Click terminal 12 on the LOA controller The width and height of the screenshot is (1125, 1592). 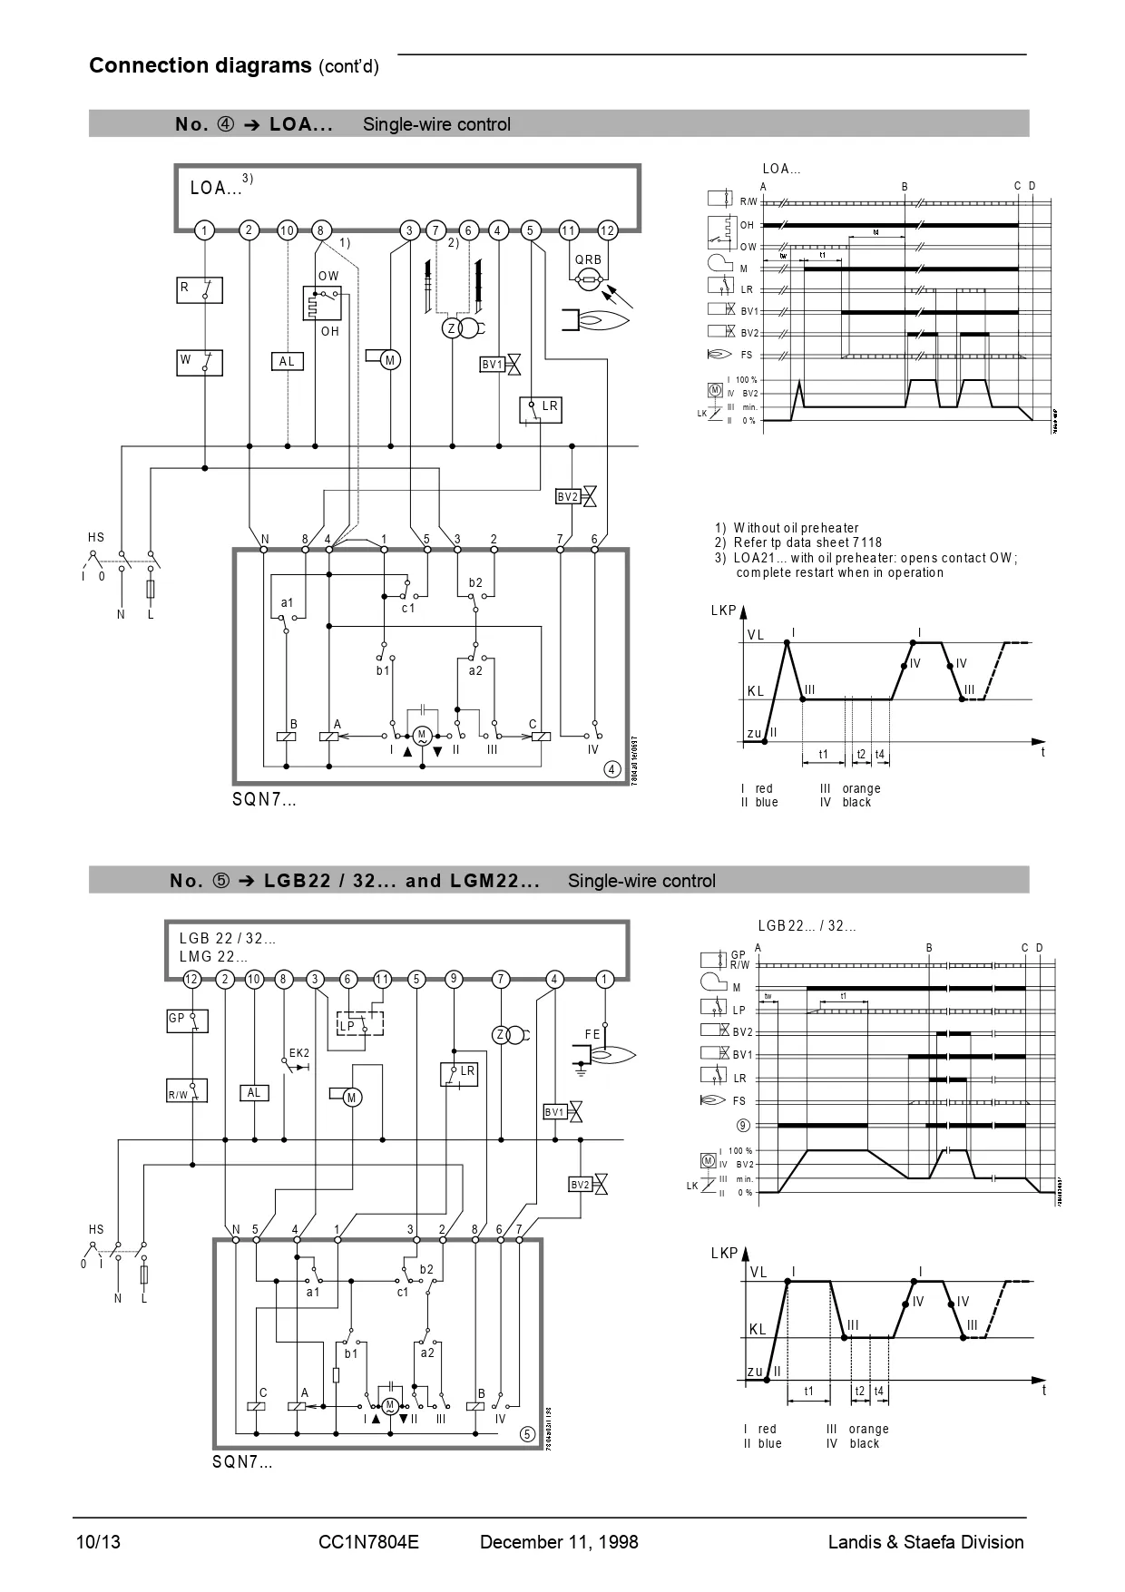coord(608,230)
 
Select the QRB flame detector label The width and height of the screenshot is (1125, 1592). coord(588,259)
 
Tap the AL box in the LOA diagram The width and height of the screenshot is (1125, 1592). coord(287,361)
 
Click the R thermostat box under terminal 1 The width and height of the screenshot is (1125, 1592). coord(199,289)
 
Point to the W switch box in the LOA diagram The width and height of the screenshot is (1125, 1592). coord(199,362)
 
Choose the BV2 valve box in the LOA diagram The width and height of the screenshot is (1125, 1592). coord(568,496)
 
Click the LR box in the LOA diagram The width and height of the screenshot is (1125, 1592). coord(541,408)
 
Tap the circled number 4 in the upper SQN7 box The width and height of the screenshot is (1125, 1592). coord(612,770)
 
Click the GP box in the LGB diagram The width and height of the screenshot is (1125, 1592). coord(187,1019)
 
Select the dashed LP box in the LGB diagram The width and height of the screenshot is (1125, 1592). coord(360,1023)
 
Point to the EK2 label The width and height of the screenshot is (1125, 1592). coord(299,1053)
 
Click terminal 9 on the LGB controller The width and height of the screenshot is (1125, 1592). coord(454,979)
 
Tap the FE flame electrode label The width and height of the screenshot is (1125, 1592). coord(592,1034)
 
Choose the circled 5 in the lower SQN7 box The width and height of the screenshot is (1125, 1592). coord(527,1434)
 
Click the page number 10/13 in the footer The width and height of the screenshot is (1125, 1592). coord(97,1542)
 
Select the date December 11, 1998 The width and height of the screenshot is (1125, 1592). coord(559,1542)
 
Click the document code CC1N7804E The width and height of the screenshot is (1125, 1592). coord(369,1542)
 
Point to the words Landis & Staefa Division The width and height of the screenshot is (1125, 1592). coord(925,1542)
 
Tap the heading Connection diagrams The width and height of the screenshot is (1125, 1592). coord(201,65)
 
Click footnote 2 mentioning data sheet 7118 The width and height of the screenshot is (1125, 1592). coord(798,542)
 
